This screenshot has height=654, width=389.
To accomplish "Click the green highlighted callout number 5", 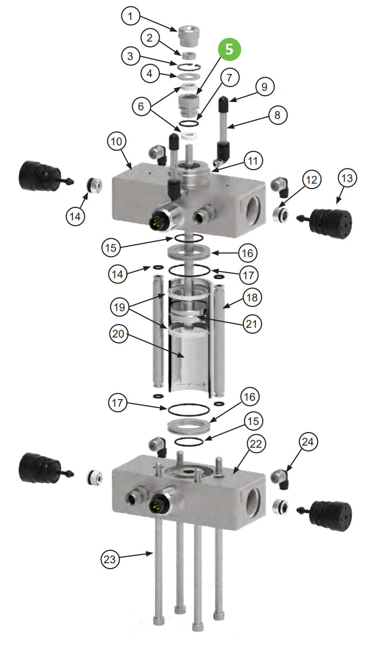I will click(230, 50).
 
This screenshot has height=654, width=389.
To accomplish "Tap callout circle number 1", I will click(129, 16).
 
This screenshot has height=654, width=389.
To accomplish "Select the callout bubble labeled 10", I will click(117, 142).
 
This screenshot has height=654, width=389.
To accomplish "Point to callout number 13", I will click(348, 179).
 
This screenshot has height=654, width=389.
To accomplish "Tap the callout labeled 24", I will click(308, 443).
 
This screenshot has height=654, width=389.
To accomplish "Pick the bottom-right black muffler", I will click(330, 511).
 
